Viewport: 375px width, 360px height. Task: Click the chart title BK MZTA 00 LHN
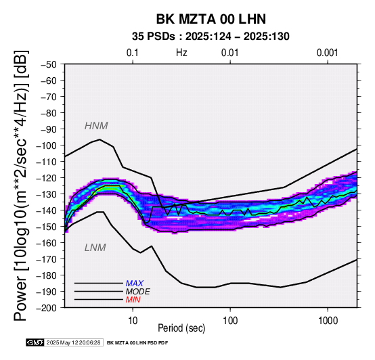(x=211, y=19)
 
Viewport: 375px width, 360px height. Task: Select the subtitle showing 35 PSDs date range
(x=211, y=37)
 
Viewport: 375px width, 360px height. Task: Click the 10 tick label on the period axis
(x=133, y=321)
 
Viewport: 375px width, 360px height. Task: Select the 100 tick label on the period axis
(x=230, y=321)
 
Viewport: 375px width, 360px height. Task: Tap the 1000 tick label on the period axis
(x=328, y=321)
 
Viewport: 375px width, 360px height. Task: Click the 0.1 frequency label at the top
(x=133, y=53)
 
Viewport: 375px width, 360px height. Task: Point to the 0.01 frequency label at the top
(x=230, y=53)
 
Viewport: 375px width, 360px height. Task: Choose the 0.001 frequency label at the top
(x=327, y=53)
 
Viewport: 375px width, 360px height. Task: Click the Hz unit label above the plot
(x=181, y=53)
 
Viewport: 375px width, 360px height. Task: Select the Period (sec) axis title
(x=181, y=328)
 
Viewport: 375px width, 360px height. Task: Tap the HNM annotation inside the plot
(x=96, y=126)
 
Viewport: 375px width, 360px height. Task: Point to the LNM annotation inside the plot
(x=95, y=248)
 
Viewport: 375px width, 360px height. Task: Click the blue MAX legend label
(x=135, y=284)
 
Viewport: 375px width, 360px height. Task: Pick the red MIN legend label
(x=133, y=300)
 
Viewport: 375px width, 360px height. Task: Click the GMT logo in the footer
(x=35, y=342)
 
